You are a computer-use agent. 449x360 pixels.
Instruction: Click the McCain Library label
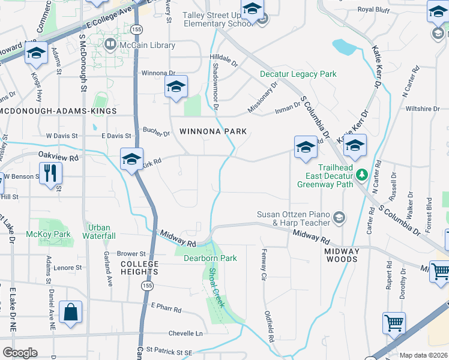pyautogui.click(x=147, y=45)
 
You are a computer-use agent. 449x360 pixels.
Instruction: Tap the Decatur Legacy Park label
pyautogui.click(x=298, y=74)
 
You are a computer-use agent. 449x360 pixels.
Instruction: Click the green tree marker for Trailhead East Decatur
pyautogui.click(x=361, y=175)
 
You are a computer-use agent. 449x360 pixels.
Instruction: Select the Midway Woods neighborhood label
pyautogui.click(x=341, y=255)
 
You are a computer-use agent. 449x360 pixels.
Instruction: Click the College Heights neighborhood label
pyautogui.click(x=140, y=264)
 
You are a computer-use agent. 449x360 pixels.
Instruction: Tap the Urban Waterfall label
pyautogui.click(x=100, y=232)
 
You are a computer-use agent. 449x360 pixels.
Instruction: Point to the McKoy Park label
pyautogui.click(x=48, y=234)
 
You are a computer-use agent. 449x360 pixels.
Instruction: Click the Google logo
pyautogui.click(x=20, y=352)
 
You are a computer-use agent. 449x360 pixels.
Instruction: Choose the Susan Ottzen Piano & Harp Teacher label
pyautogui.click(x=294, y=218)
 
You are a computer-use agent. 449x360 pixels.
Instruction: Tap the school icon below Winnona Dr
pyautogui.click(x=176, y=87)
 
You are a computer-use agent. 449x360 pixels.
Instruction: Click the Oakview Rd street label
pyautogui.click(x=59, y=157)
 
